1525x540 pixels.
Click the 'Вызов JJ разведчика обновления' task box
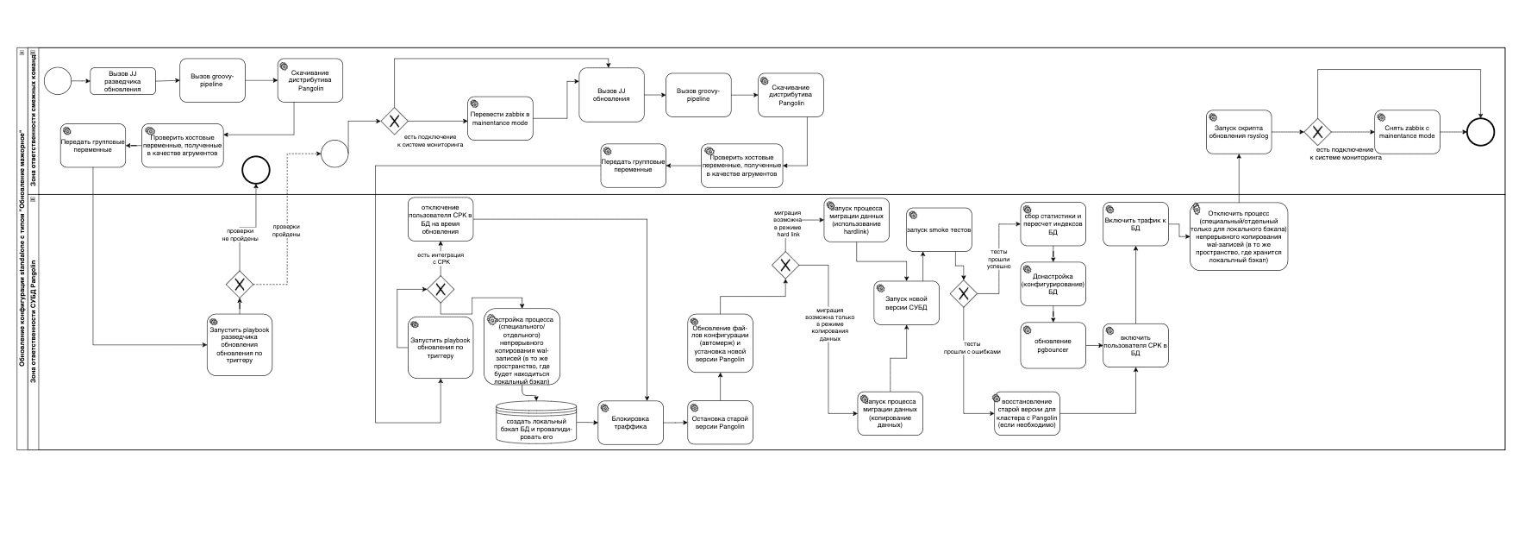pyautogui.click(x=123, y=81)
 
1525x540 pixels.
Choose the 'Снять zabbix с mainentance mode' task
pyautogui.click(x=1407, y=132)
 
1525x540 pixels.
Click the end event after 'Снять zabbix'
pyautogui.click(x=1481, y=132)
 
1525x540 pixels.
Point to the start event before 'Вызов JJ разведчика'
pyautogui.click(x=58, y=81)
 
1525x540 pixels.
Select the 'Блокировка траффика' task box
pyautogui.click(x=631, y=423)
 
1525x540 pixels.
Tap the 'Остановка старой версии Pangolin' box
pyautogui.click(x=720, y=423)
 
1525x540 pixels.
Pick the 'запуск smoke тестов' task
pyautogui.click(x=938, y=229)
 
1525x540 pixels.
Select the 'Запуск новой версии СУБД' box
pyautogui.click(x=905, y=303)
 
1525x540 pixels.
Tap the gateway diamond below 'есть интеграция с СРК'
pyautogui.click(x=441, y=288)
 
